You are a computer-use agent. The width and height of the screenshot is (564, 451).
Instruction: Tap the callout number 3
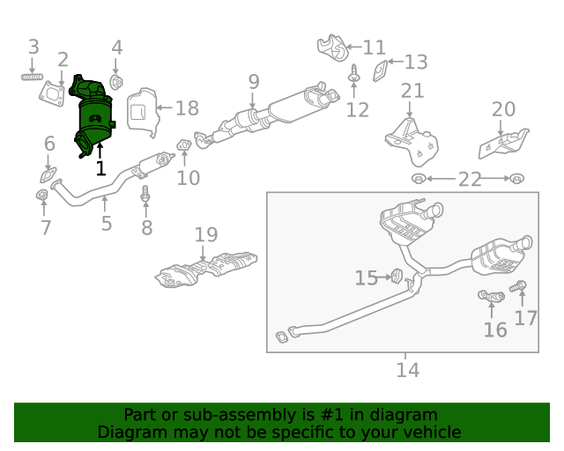tap(33, 47)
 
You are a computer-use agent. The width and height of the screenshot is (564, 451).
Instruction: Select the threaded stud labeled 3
tap(33, 77)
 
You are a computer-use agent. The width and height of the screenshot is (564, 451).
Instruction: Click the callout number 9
tap(254, 82)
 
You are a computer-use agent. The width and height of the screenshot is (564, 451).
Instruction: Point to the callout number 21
tap(412, 91)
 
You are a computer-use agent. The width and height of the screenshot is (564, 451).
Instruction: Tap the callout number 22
tap(469, 180)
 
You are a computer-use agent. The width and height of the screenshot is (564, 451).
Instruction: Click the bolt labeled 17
tap(518, 286)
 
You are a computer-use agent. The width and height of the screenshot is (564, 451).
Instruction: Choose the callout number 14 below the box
tap(407, 370)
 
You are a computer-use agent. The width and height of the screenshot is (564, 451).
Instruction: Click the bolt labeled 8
tap(146, 196)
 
